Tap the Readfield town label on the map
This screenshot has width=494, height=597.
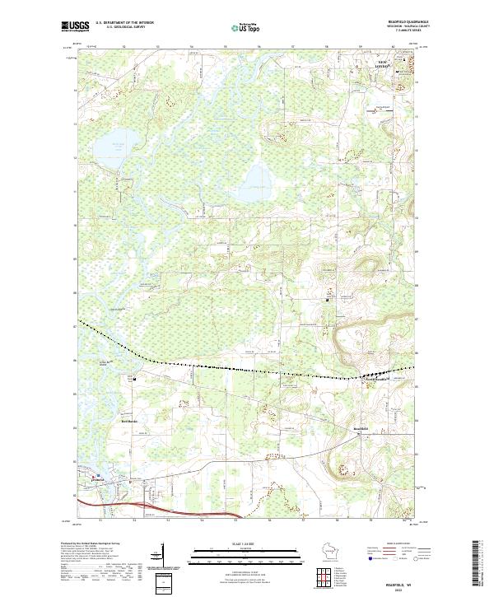coord(361,429)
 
